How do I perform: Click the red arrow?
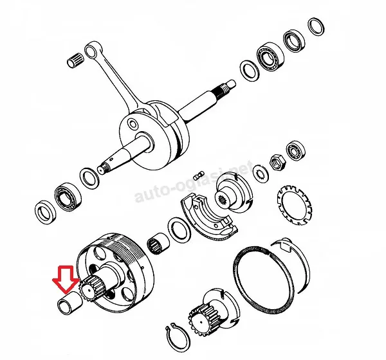click(66, 279)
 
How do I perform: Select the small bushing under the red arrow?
click(69, 302)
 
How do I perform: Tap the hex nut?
click(278, 162)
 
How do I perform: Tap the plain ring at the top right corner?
click(316, 26)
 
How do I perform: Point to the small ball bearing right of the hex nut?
click(295, 151)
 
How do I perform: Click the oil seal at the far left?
click(46, 213)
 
